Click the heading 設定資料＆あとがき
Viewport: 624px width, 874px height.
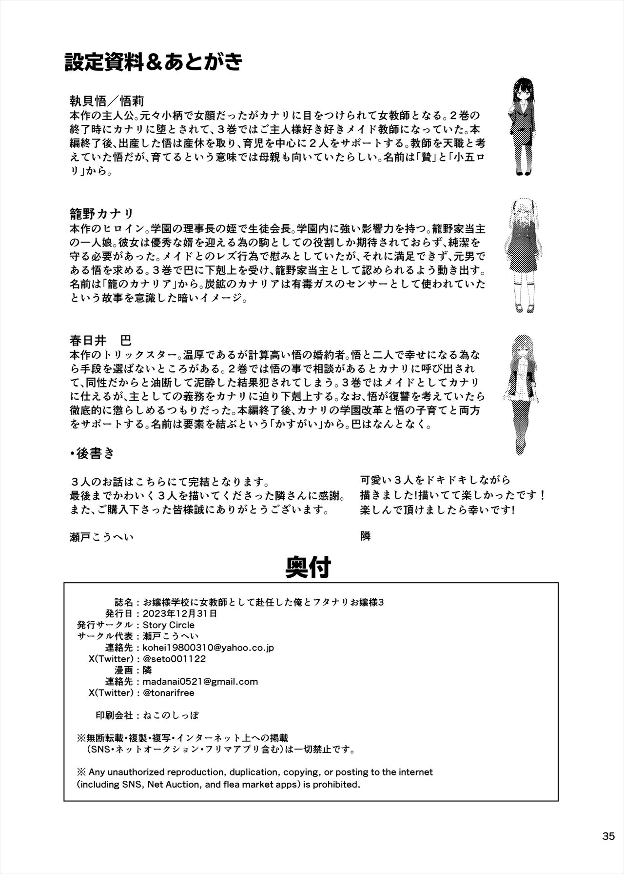[x=153, y=62]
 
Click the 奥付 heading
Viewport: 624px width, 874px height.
[x=308, y=567]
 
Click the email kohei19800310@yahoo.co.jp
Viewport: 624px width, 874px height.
[x=208, y=648]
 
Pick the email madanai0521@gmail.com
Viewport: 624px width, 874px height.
[x=200, y=681]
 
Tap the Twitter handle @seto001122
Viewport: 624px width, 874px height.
[x=174, y=659]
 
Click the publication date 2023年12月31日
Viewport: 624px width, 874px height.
[x=178, y=613]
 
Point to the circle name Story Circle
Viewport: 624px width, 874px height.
[x=168, y=625]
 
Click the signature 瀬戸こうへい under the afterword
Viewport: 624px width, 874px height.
[x=101, y=537]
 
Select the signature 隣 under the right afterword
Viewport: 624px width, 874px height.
[x=365, y=536]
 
